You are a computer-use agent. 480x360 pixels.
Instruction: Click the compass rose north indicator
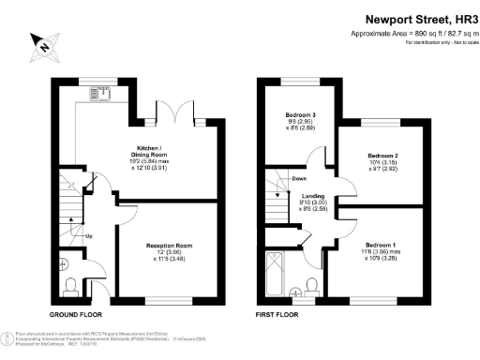click(x=43, y=43)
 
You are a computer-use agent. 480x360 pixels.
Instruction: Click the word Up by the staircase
click(x=89, y=235)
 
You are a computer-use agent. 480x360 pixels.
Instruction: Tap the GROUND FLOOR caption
click(x=74, y=314)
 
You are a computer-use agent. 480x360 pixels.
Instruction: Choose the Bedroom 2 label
click(x=382, y=155)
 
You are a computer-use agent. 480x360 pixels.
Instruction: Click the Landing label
click(x=312, y=195)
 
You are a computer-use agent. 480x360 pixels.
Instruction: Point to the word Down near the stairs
click(x=298, y=178)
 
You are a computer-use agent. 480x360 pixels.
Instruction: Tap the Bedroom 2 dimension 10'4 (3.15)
click(x=382, y=162)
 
